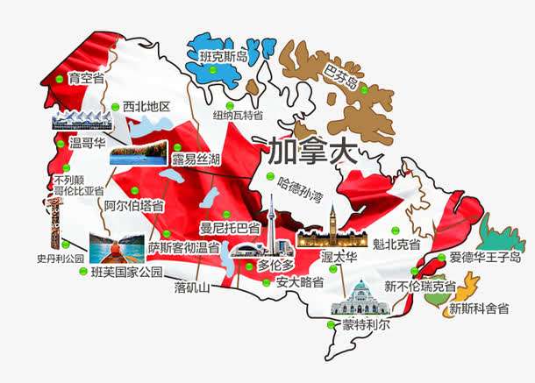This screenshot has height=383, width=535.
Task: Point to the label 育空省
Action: [x=86, y=79]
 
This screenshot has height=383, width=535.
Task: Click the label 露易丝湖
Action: [x=196, y=159]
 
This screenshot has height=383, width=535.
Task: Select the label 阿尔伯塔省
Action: [x=133, y=206]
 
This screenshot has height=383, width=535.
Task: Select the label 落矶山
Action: [x=192, y=287]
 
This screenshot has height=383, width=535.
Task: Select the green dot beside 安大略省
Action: [x=268, y=282]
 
